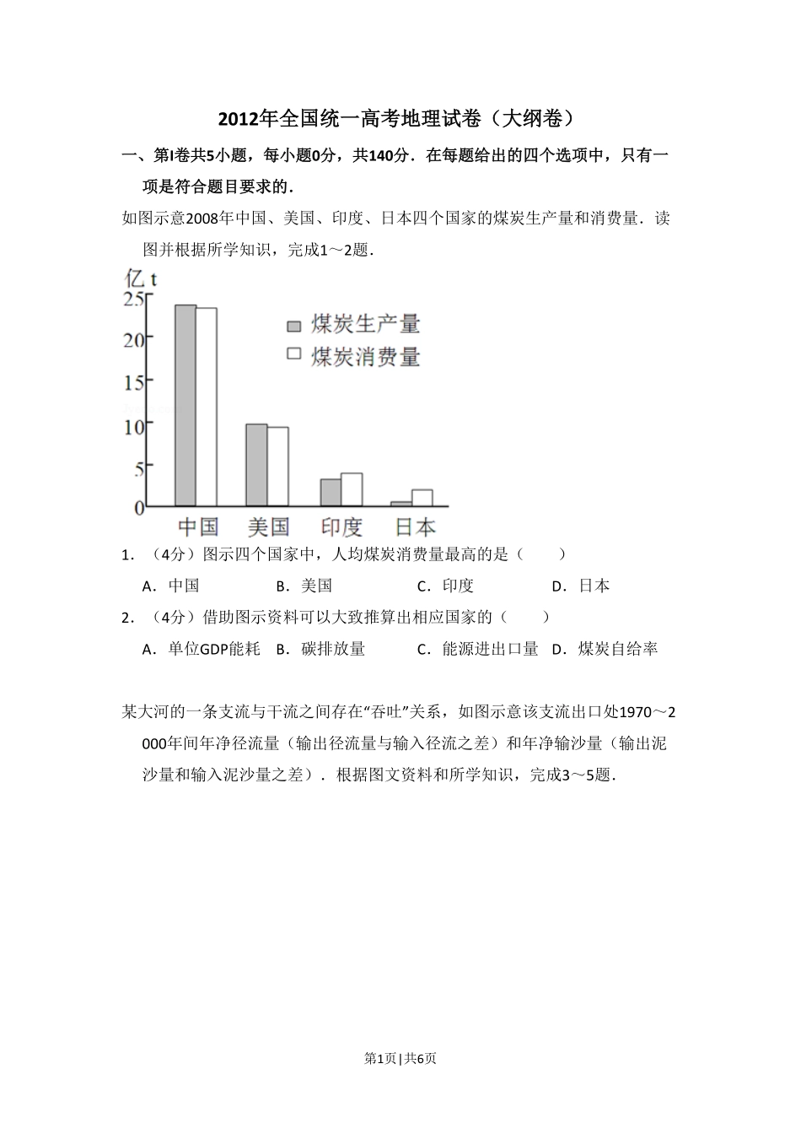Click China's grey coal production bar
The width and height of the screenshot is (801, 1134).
click(185, 405)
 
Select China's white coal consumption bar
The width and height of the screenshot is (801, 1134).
click(207, 407)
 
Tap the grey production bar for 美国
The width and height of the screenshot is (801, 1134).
click(256, 464)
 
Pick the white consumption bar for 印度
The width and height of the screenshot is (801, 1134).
click(352, 489)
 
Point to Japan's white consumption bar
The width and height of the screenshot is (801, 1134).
click(422, 498)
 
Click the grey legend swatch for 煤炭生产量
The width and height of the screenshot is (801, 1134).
click(294, 326)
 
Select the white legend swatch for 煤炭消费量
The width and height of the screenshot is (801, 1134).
click(294, 354)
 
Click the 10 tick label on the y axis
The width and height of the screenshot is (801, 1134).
click(133, 425)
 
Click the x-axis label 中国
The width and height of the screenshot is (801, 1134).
click(198, 527)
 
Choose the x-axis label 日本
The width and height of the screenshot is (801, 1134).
click(415, 527)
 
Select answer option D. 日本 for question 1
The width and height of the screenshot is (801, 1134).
click(581, 586)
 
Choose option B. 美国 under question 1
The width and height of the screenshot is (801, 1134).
click(304, 586)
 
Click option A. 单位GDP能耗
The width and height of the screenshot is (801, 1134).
click(202, 649)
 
